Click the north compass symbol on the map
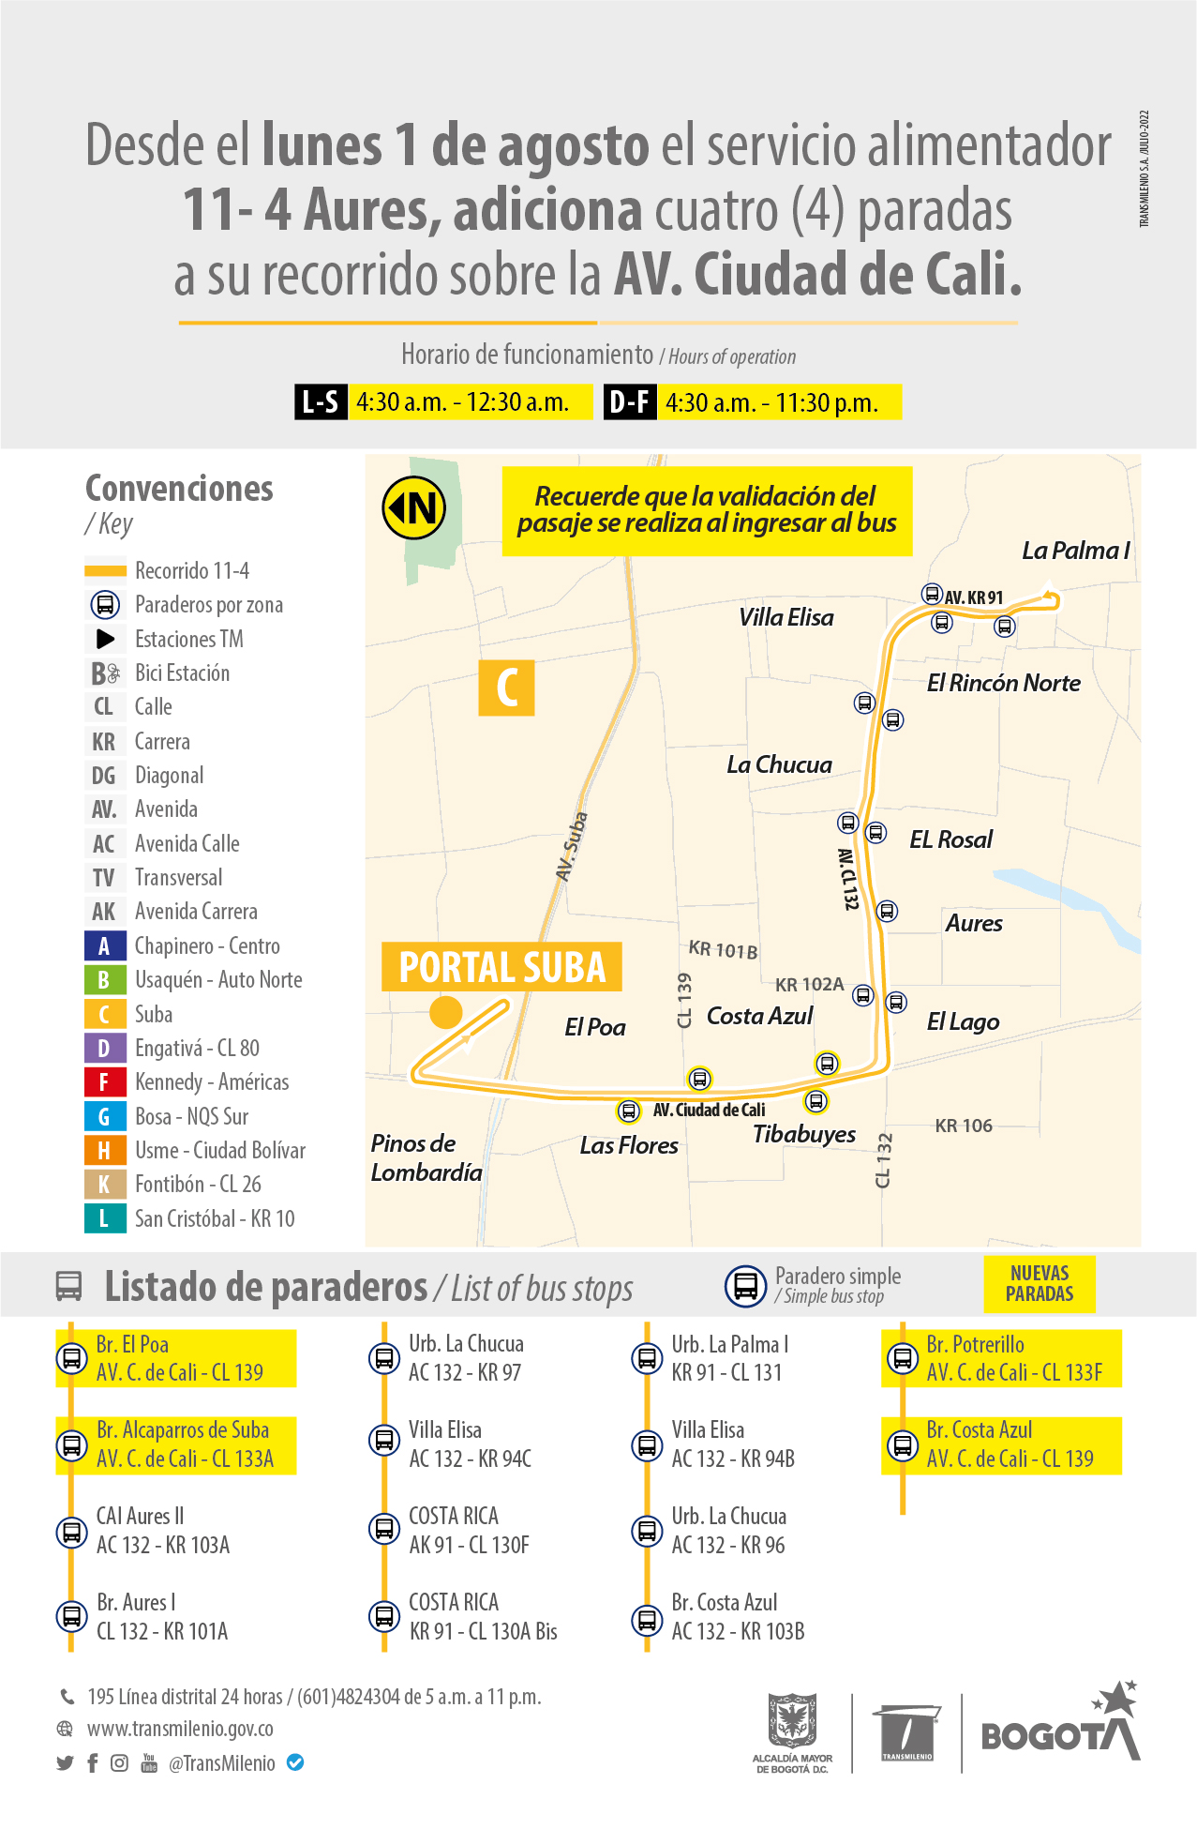tap(413, 508)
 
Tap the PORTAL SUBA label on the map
tap(501, 967)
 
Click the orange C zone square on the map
tap(506, 688)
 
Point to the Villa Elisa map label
tap(786, 617)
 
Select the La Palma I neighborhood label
tap(1075, 551)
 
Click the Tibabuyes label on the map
tap(804, 1134)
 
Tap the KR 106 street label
tap(964, 1126)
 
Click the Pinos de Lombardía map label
tap(426, 1157)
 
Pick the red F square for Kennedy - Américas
tap(104, 1082)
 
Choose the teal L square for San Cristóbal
tap(104, 1218)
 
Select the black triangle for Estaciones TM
tap(105, 639)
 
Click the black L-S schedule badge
tap(321, 402)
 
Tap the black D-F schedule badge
tap(629, 402)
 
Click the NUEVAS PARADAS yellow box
tap(1040, 1283)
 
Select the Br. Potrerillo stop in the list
tap(999, 1358)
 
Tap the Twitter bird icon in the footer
tap(65, 1763)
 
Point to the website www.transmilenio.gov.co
tap(180, 1729)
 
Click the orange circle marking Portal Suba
tap(446, 1013)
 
